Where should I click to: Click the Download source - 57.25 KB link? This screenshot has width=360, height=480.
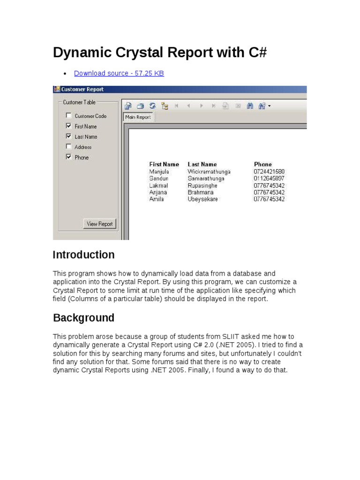pos(119,73)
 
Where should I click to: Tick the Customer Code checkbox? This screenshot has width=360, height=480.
pos(69,116)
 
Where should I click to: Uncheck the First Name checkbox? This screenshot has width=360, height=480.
pos(69,126)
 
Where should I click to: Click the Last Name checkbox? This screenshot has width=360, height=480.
pos(69,136)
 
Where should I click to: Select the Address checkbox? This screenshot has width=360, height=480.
pos(69,147)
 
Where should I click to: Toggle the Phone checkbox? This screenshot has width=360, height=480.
pos(69,157)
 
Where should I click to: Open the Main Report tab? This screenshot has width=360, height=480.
pos(138,117)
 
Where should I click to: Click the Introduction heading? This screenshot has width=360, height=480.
pos(83,255)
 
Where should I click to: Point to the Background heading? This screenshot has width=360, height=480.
pos(83,318)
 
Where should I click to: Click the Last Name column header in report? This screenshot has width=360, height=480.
pos(202,165)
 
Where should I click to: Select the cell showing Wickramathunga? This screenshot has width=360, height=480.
pos(209,172)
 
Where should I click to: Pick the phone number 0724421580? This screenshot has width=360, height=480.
pos(269,172)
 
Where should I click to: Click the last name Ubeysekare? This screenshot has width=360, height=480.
pos(202,199)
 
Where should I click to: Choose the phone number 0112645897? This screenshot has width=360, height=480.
pos(269,179)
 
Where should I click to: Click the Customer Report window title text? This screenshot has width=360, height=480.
pos(82,90)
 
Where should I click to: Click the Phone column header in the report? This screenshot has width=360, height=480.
pos(262,165)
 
